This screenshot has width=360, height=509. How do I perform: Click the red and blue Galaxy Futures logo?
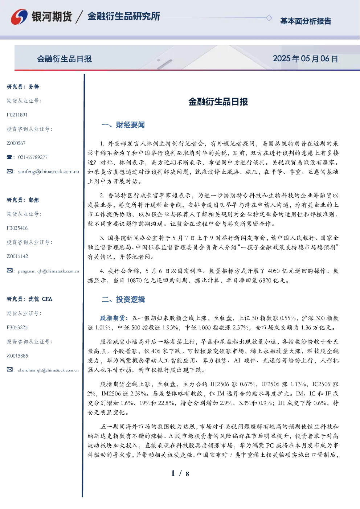(19, 17)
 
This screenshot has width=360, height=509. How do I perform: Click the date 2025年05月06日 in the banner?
(305, 59)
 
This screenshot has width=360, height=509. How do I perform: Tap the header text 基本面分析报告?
(306, 21)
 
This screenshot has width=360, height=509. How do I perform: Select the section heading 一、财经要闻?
(123, 125)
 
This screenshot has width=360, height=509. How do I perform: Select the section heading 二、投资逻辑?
(123, 299)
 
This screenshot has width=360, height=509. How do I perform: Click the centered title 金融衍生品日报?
(218, 102)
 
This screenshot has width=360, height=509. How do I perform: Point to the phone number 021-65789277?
(33, 157)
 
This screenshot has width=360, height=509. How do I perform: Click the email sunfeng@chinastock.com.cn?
(49, 172)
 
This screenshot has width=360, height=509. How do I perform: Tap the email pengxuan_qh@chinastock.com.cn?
(49, 271)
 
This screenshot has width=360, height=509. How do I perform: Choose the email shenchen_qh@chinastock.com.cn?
(48, 370)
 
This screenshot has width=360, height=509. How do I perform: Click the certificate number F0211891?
(17, 115)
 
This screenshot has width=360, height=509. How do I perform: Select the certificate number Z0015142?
(17, 256)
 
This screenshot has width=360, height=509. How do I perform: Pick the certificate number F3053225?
(17, 328)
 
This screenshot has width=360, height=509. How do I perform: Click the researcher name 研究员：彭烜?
(23, 200)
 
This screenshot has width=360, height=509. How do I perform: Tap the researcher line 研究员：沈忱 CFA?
(29, 299)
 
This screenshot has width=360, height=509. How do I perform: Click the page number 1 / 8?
(180, 473)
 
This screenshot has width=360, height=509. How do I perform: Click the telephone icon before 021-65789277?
(9, 157)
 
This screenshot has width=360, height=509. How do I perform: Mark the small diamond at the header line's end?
(269, 18)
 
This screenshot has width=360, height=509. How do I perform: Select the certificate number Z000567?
(16, 143)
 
